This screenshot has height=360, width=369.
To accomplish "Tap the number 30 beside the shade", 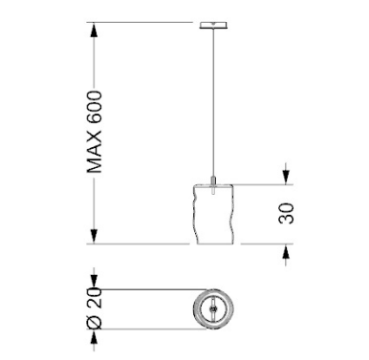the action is pos(286,213).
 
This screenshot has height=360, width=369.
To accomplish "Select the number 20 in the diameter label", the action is pos(95,298).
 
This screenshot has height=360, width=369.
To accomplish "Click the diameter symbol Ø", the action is pos(95,322).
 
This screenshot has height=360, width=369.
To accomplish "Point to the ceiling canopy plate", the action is pos(213,25).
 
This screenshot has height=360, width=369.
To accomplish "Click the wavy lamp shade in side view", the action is pos(214,214).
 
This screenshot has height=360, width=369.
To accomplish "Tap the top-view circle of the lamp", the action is pos(213,290).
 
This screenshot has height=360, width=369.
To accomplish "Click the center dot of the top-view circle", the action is pos(211,308).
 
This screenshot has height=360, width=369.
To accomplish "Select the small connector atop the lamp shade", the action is pos(213,181).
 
